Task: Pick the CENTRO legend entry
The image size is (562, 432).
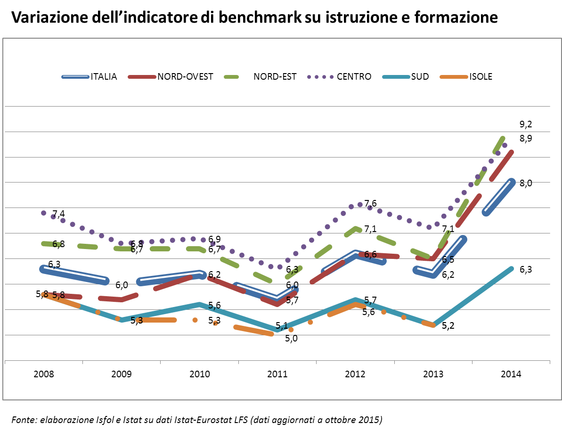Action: pos(354,76)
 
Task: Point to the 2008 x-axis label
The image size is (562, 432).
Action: pos(44,374)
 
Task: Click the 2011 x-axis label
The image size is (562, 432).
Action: pos(277,374)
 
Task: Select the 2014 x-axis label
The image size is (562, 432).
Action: pos(511,374)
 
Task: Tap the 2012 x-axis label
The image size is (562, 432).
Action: pos(355,374)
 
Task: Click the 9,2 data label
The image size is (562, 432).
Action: pos(526,125)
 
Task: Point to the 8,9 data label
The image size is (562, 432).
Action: pos(526,139)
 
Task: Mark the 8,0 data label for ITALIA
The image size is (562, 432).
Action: pos(526,183)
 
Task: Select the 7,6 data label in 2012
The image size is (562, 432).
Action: pos(370,203)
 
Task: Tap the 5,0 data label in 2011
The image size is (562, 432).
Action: pos(292,338)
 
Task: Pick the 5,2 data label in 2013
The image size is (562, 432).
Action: pos(448,326)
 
